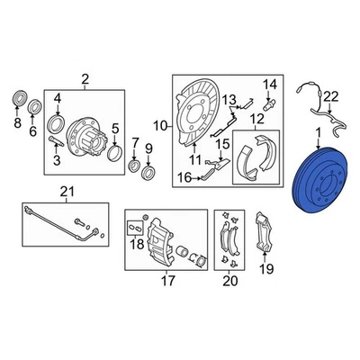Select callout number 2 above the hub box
tap(85, 80)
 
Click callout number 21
tap(64, 191)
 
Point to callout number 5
tap(113, 128)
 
